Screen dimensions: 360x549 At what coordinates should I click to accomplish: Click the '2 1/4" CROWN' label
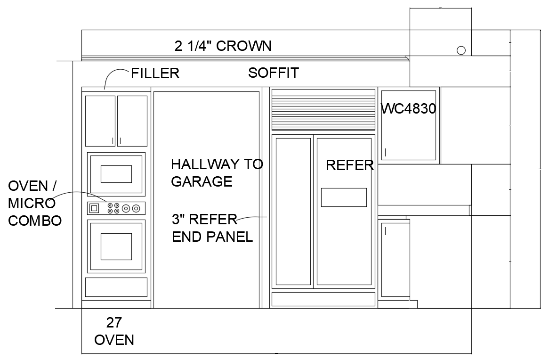(223, 46)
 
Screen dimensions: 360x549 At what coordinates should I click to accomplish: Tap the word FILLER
(155, 74)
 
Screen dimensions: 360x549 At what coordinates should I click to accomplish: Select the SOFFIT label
(273, 73)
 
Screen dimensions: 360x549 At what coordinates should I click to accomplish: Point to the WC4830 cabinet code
(408, 109)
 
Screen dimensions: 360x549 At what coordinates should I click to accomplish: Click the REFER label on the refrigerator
(349, 165)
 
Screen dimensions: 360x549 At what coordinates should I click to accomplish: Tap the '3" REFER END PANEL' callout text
(212, 228)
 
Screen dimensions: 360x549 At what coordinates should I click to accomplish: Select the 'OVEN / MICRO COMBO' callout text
(34, 203)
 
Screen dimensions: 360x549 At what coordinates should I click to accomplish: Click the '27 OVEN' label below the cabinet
(114, 331)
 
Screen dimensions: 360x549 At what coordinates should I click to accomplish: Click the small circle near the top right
(461, 50)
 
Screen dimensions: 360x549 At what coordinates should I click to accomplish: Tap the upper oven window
(116, 174)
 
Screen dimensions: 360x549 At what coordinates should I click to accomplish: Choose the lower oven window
(116, 246)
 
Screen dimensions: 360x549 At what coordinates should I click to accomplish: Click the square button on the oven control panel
(94, 208)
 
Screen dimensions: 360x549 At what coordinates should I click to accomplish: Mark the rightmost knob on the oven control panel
(136, 208)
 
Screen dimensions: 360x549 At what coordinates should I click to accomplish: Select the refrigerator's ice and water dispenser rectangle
(344, 197)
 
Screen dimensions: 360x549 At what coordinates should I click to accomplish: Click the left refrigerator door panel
(293, 211)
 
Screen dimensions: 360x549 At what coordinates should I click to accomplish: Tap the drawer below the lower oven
(116, 287)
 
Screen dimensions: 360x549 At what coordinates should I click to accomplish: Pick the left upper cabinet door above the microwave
(100, 121)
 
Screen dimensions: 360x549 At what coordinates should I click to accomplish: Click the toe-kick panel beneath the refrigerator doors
(323, 299)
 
